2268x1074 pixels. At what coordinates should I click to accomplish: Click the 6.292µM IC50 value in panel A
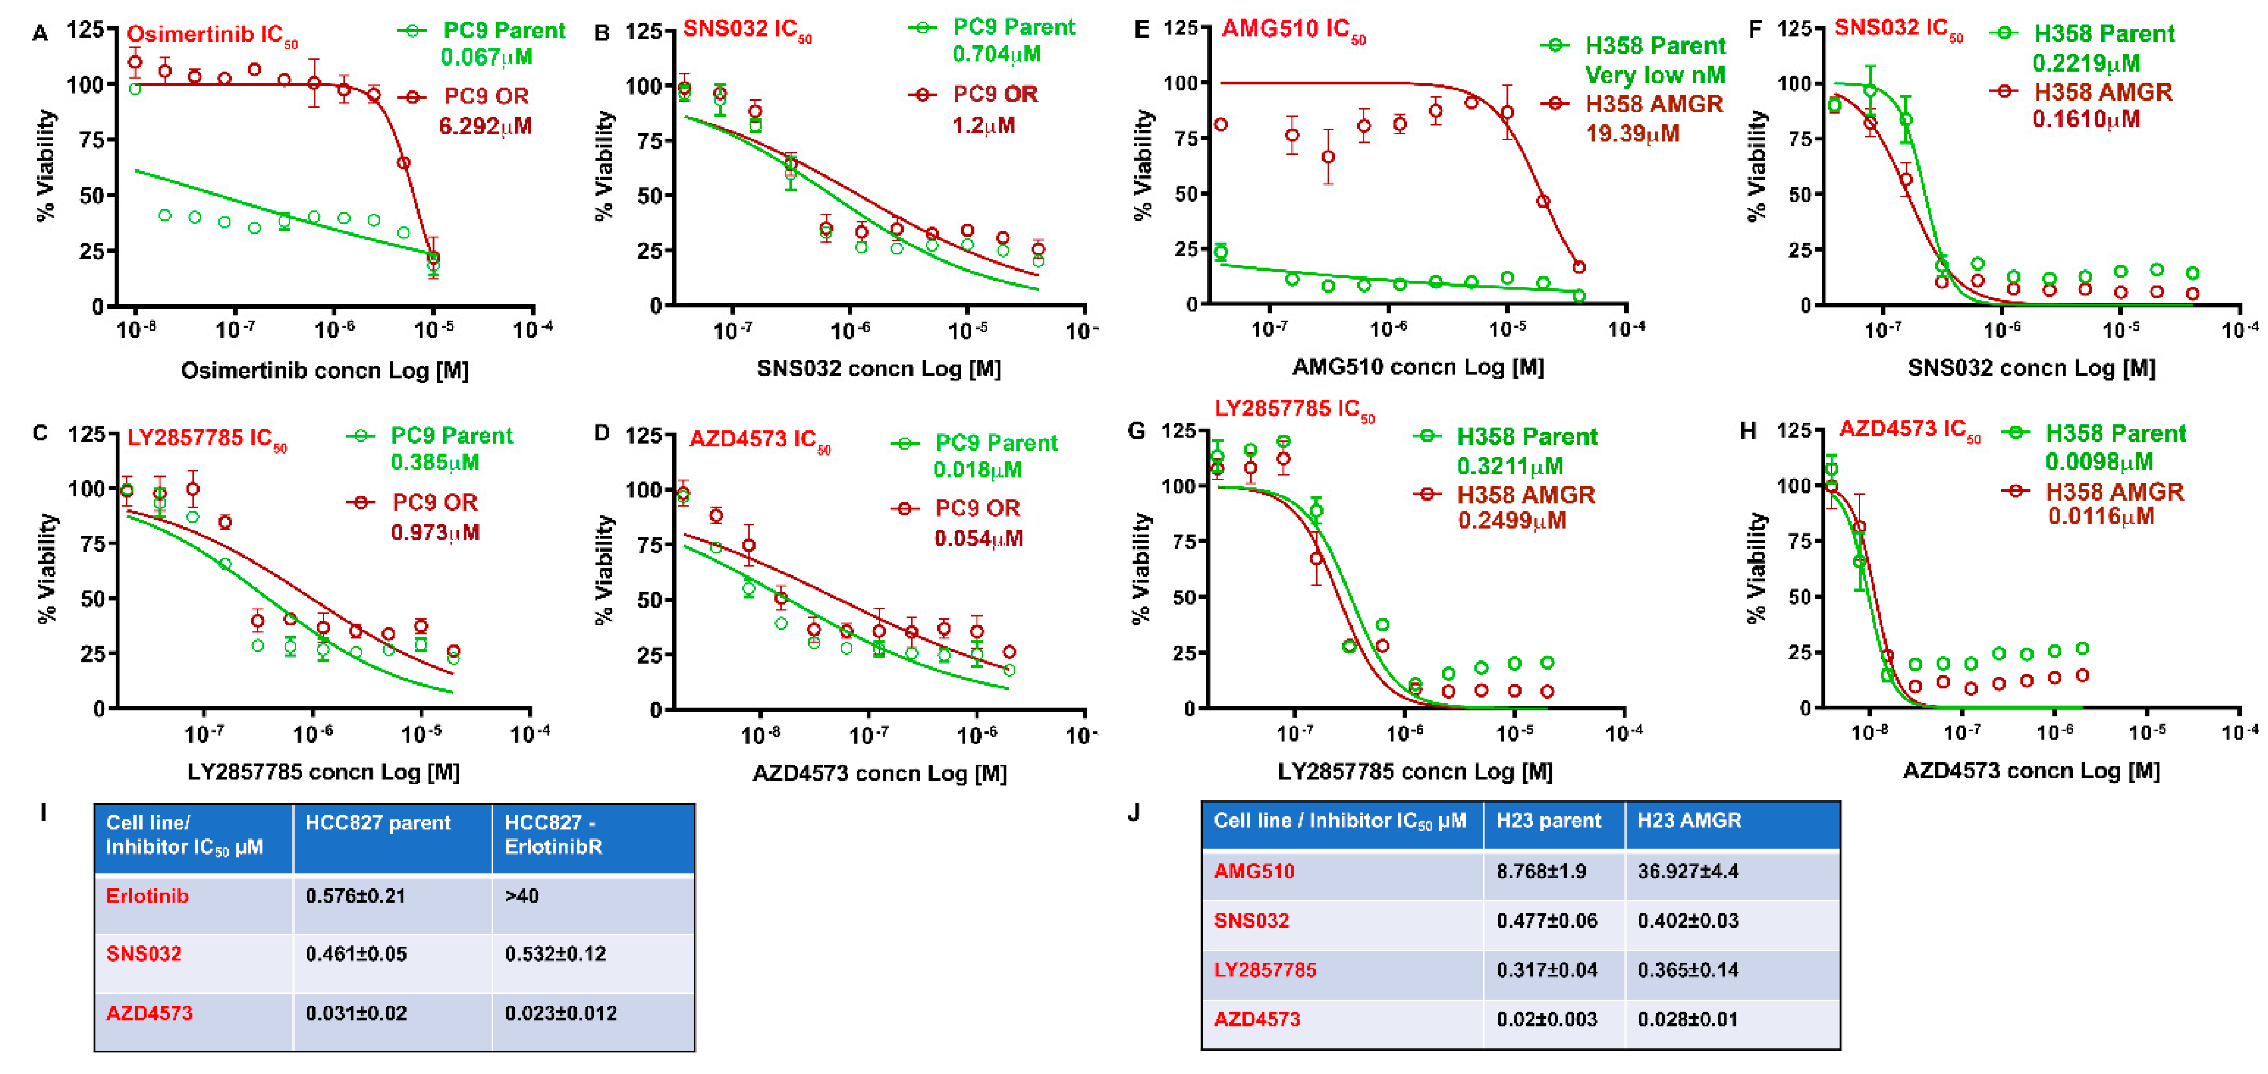485,126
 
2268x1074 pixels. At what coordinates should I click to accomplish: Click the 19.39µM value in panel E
1632,134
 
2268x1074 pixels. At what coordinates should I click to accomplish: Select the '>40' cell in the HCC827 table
522,896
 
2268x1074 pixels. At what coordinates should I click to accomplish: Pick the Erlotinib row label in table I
147,896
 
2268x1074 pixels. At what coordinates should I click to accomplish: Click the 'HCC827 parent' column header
378,822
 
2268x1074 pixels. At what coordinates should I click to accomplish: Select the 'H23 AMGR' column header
1689,821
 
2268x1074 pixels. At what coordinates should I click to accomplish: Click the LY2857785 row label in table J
1264,970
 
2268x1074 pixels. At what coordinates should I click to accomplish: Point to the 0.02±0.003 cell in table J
1546,1020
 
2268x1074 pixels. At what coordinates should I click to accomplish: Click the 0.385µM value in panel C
435,462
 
